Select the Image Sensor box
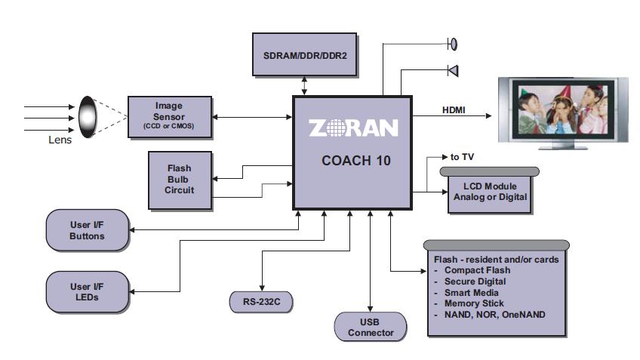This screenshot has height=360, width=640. tap(168, 116)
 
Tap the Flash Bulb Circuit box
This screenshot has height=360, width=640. tap(180, 179)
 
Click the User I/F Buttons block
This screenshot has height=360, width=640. tap(87, 230)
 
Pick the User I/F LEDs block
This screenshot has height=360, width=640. tap(87, 291)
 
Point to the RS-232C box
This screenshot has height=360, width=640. tap(261, 303)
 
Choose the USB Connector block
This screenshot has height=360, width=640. tap(371, 327)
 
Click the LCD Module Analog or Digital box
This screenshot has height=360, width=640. tap(490, 192)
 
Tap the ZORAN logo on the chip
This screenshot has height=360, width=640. tap(352, 128)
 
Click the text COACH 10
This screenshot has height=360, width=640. tap(352, 160)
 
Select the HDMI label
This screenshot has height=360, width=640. tap(454, 110)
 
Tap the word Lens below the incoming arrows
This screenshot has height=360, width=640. tap(60, 140)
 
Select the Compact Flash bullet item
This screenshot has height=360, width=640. tap(477, 270)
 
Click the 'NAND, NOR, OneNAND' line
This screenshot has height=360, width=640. tap(494, 314)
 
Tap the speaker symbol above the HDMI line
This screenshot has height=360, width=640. tap(452, 71)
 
